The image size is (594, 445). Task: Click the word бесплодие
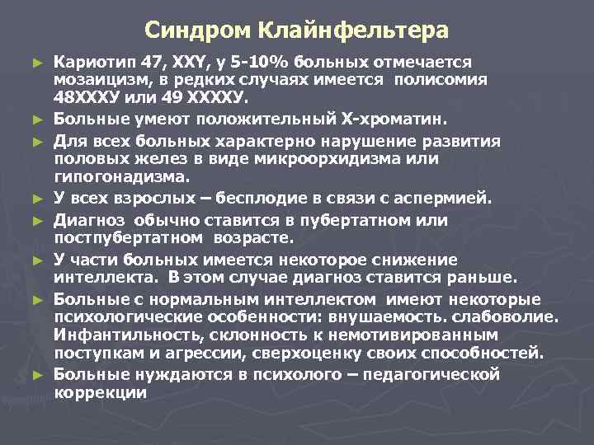[x=248, y=197]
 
